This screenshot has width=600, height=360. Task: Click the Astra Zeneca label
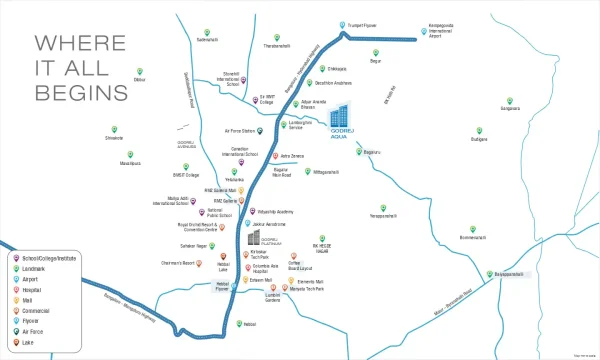click(x=291, y=156)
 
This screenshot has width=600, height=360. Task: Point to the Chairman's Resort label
click(x=172, y=261)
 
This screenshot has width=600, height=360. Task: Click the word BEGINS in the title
click(x=82, y=91)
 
